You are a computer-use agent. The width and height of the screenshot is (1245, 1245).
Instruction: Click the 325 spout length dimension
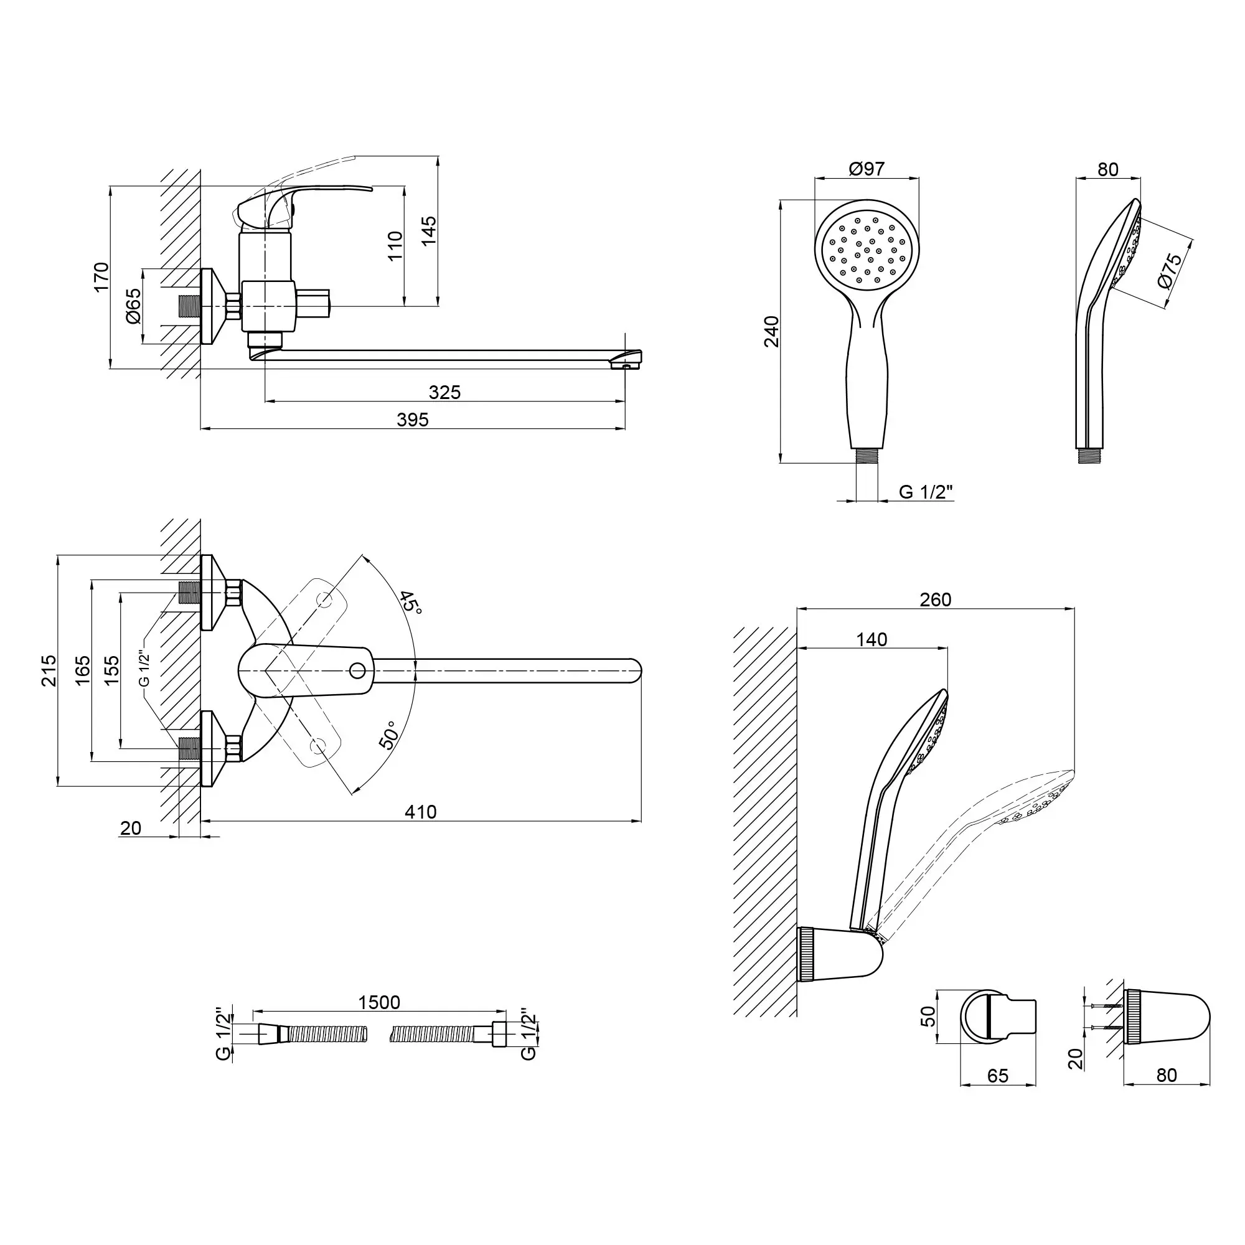[444, 392]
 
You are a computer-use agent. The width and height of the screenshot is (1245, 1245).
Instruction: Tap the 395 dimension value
[413, 420]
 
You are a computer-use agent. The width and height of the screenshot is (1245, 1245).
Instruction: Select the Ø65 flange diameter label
[133, 306]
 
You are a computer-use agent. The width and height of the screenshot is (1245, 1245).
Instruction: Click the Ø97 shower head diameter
[867, 169]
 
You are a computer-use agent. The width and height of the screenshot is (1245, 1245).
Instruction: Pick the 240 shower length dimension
[772, 332]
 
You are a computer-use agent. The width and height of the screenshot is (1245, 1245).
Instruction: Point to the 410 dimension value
[421, 812]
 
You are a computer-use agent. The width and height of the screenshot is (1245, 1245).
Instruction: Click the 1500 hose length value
[380, 1003]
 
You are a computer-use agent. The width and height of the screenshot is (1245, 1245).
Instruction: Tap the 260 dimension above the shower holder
[936, 600]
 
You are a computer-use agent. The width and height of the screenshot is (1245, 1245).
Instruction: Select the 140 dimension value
[872, 639]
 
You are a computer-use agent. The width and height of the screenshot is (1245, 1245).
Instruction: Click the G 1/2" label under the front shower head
[926, 492]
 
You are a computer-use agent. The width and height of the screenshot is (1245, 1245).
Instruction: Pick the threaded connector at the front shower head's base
[867, 456]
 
